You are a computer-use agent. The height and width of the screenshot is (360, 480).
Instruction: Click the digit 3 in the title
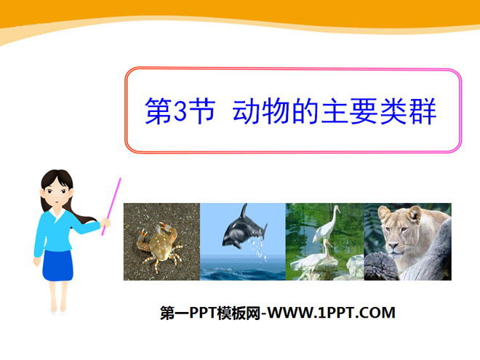pos(180,111)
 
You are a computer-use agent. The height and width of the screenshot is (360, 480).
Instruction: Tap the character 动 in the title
pos(246,111)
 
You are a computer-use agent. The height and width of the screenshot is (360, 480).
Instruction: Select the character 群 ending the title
pos(423,111)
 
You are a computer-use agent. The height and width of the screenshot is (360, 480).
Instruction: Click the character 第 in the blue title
pos(158,111)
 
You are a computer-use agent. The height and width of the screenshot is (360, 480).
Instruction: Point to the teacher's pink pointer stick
pos(111,207)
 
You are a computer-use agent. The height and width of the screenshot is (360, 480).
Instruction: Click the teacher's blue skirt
pos(57,265)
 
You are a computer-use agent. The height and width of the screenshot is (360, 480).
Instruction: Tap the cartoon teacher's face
pos(56,193)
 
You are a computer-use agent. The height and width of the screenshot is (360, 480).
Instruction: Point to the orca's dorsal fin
pos(244,211)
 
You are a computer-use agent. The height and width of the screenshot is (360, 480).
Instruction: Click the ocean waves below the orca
pos(243,269)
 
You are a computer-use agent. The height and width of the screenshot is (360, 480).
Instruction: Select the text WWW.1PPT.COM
pos(331,313)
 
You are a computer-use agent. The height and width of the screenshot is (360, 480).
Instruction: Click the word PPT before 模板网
pos(204,313)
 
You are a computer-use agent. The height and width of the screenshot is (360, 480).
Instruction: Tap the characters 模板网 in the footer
pos(239,313)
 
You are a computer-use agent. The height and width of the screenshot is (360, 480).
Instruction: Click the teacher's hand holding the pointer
pos(105,223)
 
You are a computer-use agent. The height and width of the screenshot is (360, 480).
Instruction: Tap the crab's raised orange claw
pos(164,228)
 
